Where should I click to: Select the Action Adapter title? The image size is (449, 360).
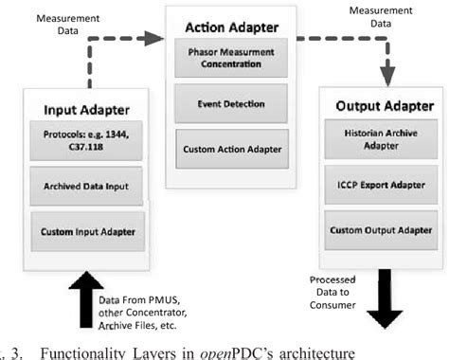point(224,26)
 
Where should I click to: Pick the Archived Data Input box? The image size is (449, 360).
point(88,186)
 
